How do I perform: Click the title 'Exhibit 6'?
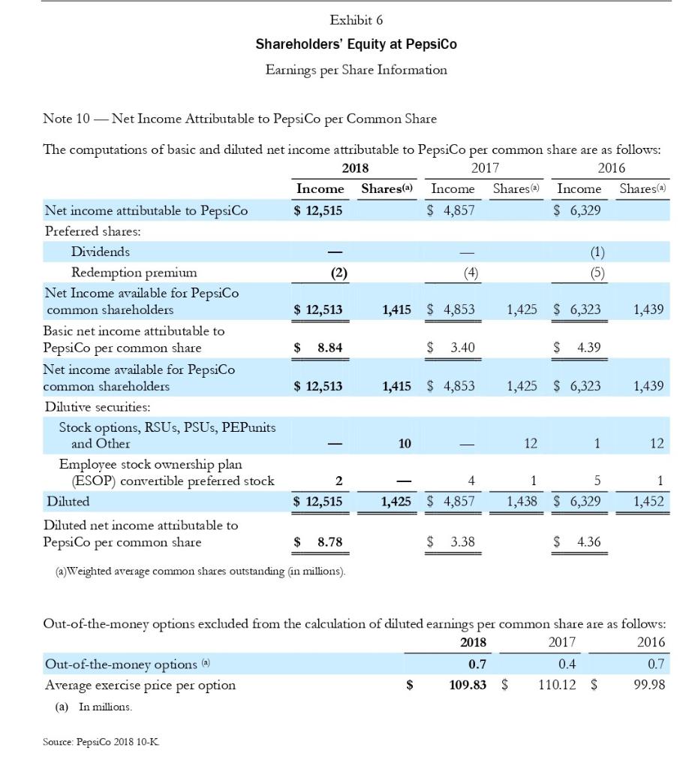[x=356, y=20]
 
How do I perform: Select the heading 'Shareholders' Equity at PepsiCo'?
[x=356, y=44]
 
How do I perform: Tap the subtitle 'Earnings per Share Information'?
[x=356, y=70]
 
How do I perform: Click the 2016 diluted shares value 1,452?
[x=648, y=501]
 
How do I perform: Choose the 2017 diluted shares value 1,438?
[x=522, y=501]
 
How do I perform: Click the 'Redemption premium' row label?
[x=134, y=272]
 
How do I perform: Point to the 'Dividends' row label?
[x=100, y=252]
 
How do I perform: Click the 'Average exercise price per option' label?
[x=140, y=685]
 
